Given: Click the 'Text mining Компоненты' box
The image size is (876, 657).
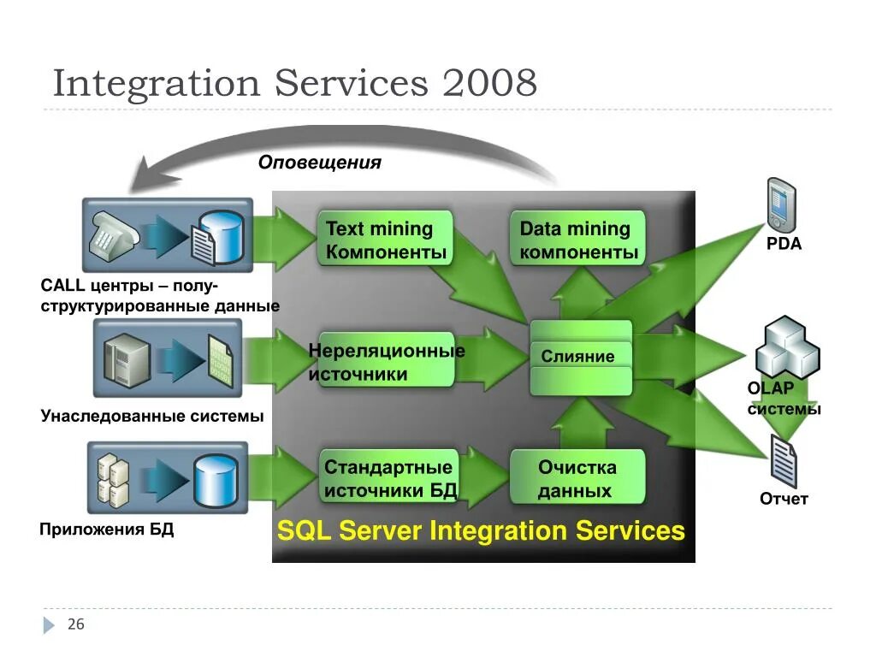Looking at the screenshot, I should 385,240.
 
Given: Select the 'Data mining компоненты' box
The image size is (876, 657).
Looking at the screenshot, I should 578,240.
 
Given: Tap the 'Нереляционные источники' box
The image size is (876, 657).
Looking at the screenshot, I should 385,362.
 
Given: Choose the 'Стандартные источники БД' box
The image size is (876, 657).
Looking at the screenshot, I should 389,478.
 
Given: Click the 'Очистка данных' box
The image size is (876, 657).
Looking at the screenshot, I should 577,478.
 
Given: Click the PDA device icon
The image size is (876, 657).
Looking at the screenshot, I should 780,205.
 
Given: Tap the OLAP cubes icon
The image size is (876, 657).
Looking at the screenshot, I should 786,346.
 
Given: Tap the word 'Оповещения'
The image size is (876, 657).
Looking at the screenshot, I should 320,163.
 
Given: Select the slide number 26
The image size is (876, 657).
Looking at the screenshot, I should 76,624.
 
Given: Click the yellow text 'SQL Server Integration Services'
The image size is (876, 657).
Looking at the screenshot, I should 481,531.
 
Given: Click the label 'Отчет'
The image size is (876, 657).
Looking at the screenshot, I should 784,499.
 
